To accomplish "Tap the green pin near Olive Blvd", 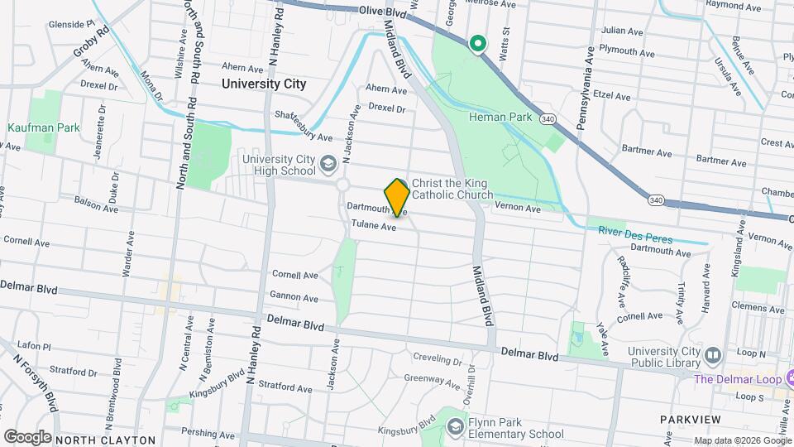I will pos(477,43).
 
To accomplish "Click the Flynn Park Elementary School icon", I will pos(455,426).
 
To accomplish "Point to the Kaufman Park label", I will pos(44,128).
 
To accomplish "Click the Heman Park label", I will pos(501,118).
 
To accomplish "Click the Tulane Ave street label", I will pos(374,225).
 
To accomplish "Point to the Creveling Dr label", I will pos(437,361).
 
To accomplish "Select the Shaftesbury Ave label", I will pos(304,127).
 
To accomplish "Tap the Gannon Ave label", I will pos(294,298).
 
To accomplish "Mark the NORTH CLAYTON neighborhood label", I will pos(105,440).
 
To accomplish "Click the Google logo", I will pos(27,436).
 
